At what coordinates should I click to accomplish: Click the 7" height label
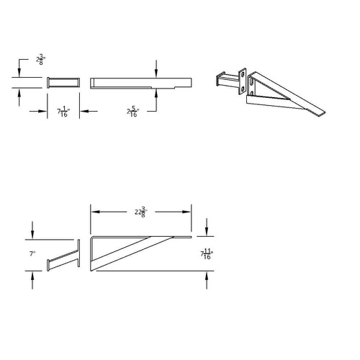[33, 254]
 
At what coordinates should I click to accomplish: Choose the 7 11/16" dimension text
[207, 253]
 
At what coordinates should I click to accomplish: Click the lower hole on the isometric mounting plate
[252, 89]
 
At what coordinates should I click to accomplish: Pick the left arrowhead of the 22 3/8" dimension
[93, 211]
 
